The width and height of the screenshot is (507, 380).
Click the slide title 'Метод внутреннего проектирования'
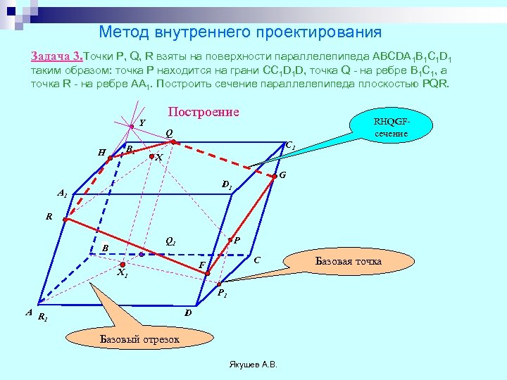240,32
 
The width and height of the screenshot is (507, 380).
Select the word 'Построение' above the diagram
204,112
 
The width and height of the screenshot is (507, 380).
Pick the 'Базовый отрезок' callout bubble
139,339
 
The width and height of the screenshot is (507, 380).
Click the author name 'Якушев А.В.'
254,365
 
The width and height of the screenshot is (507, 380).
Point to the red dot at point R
65,220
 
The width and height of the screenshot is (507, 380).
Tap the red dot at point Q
173,142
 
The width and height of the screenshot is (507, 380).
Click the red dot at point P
230,241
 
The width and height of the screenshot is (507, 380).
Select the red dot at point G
275,178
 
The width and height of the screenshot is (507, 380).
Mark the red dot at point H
110,159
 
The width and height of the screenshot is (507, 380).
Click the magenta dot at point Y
132,127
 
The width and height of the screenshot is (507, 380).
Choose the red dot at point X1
122,265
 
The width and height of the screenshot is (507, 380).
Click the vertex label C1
290,146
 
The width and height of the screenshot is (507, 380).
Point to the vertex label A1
62,193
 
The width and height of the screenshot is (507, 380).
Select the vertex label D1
226,185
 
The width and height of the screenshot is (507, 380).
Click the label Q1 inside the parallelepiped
170,241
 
